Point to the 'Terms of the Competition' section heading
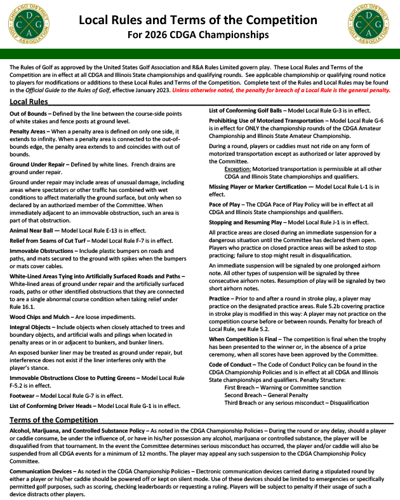tap(54, 420)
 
